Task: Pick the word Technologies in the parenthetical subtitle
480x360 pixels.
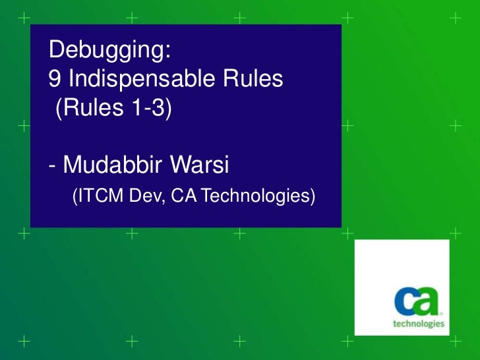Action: coord(253,196)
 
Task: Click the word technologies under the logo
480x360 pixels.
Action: coord(419,324)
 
